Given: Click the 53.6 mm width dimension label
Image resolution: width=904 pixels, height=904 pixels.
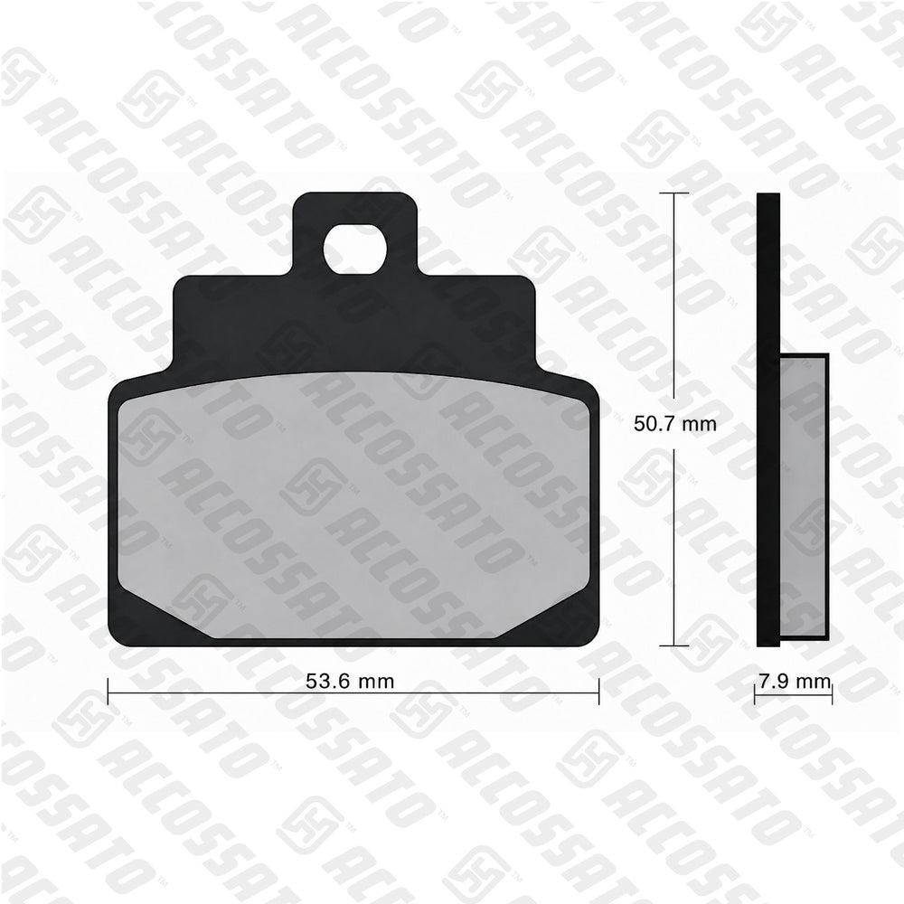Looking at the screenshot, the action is [349, 682].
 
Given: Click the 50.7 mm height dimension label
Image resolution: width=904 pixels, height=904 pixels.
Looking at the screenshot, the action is [674, 424].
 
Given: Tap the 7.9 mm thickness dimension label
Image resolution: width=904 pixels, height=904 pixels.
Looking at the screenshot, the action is [795, 682].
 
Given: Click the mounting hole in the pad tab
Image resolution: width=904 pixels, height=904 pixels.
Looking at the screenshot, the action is [355, 250].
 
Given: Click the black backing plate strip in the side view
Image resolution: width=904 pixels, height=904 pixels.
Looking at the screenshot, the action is [767, 419].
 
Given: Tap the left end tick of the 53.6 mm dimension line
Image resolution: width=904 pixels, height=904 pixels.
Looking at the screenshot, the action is [108, 692].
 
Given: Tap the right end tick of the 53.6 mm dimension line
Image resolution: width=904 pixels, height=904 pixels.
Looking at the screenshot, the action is [599, 692].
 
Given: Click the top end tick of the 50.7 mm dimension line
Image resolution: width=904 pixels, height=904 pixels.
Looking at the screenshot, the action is [673, 193].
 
